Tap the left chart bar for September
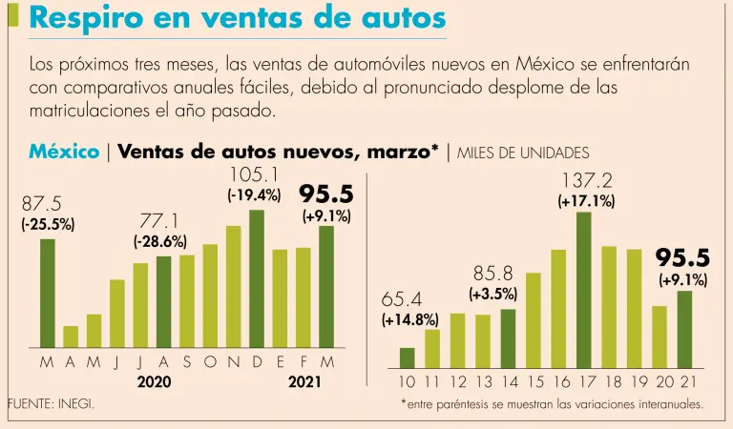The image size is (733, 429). point(186,301)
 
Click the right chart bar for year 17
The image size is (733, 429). point(584,290)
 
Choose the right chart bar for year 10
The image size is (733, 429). point(408,357)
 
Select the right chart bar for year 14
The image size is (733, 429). point(508,338)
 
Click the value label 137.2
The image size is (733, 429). point(586,180)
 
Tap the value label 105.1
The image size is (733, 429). point(254,174)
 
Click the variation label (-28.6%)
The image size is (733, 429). point(159,242)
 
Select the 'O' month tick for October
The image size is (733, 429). point(210,363)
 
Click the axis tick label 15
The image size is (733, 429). point(534,382)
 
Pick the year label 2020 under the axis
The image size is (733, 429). point(154,382)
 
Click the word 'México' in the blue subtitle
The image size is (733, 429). point(64,152)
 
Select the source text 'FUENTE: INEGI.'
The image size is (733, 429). point(51,404)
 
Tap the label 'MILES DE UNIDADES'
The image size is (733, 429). point(523,153)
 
